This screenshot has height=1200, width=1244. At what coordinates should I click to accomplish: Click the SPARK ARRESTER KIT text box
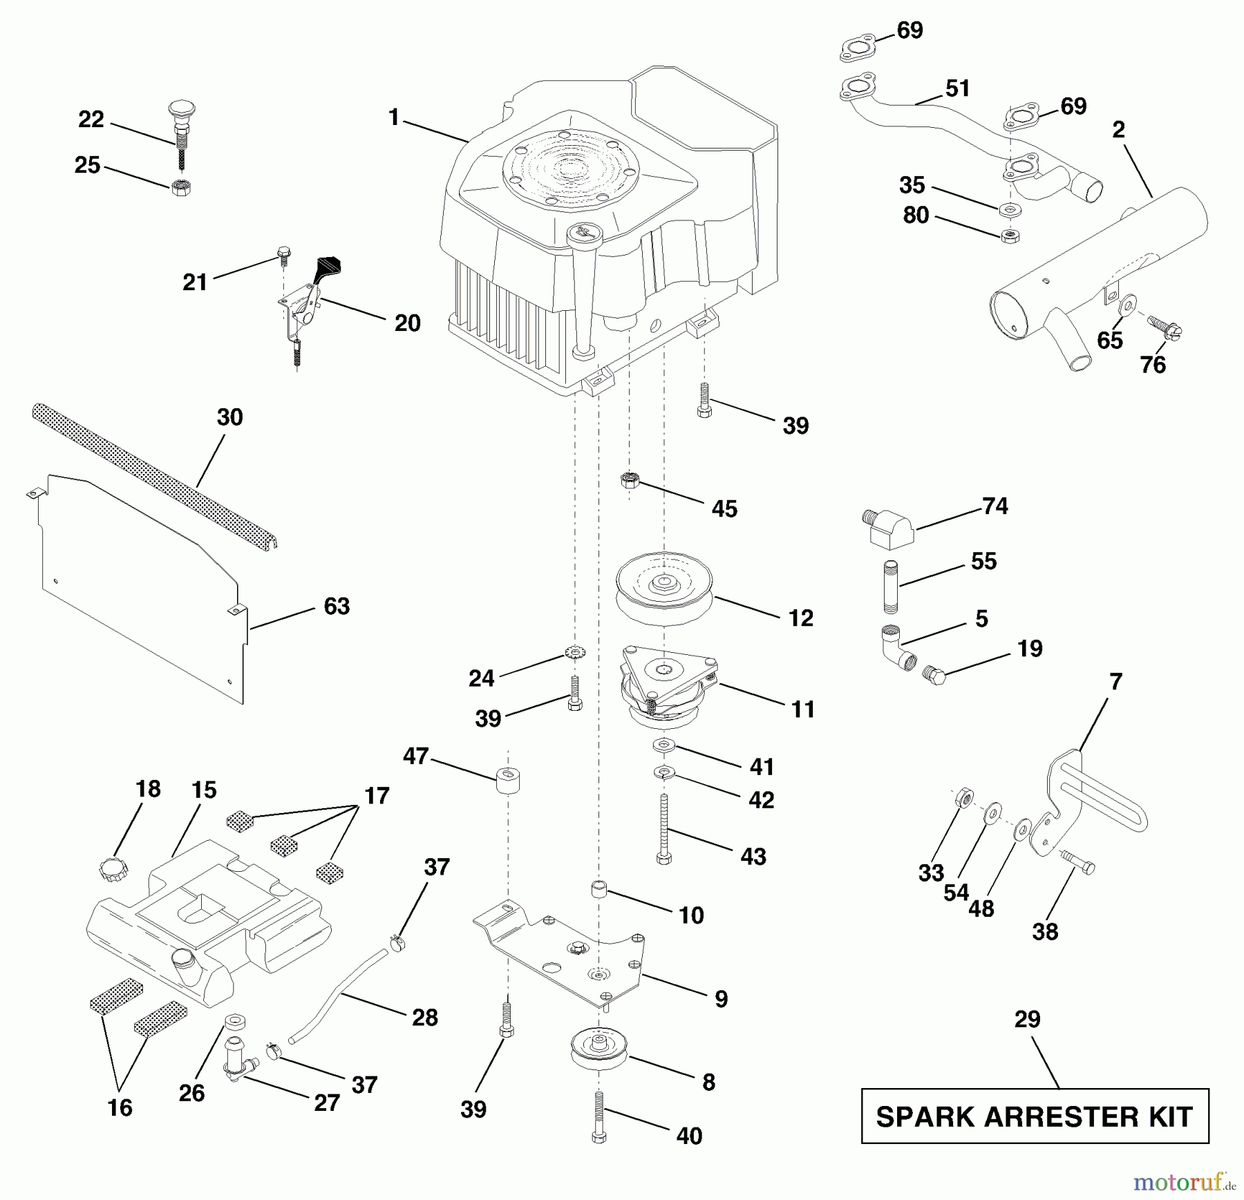(x=1034, y=1116)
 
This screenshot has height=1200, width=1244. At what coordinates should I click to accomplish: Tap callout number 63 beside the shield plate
(x=337, y=607)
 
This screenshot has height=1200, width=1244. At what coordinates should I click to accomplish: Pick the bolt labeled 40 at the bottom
(x=599, y=1116)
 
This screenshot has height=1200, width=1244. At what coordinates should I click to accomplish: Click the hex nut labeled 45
(x=629, y=479)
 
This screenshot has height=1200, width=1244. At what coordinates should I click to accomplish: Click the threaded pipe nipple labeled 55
(x=891, y=587)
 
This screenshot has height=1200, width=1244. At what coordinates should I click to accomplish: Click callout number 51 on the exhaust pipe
(x=957, y=88)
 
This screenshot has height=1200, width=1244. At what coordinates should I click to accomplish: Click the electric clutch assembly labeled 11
(x=667, y=687)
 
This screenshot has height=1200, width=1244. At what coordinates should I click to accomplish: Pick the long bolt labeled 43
(x=663, y=828)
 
